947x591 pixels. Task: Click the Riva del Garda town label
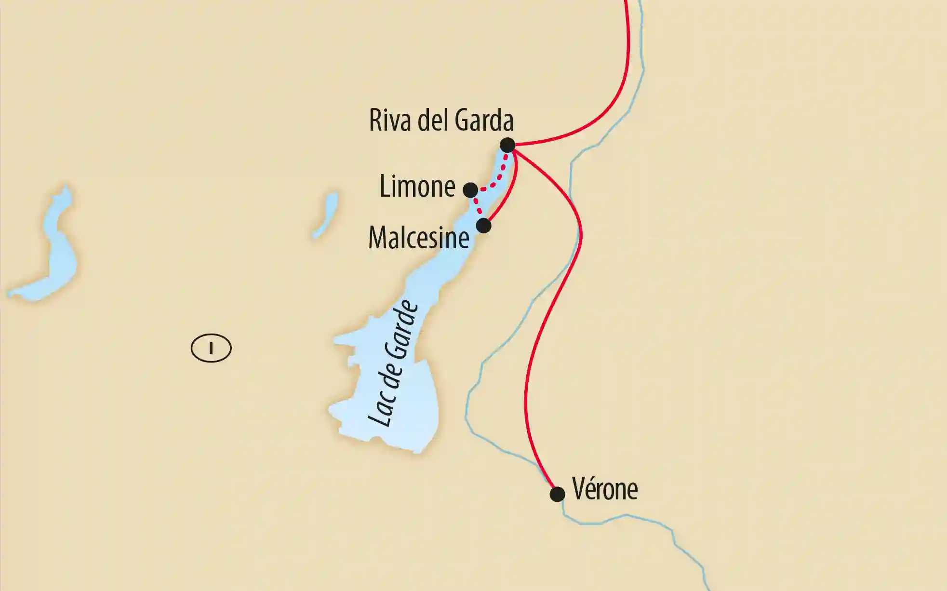[x=441, y=120]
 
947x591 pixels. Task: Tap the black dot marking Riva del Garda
[x=507, y=145]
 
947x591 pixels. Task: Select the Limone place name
[x=417, y=186]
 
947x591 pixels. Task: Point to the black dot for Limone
[x=470, y=190]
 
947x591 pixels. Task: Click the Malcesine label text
[x=418, y=238]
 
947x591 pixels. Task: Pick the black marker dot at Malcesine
[x=483, y=225]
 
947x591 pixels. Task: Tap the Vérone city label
[x=605, y=489]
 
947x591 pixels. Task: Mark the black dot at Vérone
[x=557, y=494]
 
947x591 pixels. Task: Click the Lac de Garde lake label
[x=393, y=364]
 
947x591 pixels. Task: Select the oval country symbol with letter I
[x=211, y=348]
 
